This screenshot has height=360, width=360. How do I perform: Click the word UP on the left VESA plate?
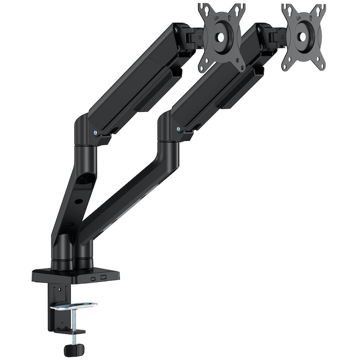(217, 19)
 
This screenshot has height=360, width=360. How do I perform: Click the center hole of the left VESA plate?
(222, 37)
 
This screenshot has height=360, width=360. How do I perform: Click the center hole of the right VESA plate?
(303, 36)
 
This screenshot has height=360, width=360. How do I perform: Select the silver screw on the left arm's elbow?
(96, 132)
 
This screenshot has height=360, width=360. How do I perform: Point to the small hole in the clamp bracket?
(59, 290)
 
